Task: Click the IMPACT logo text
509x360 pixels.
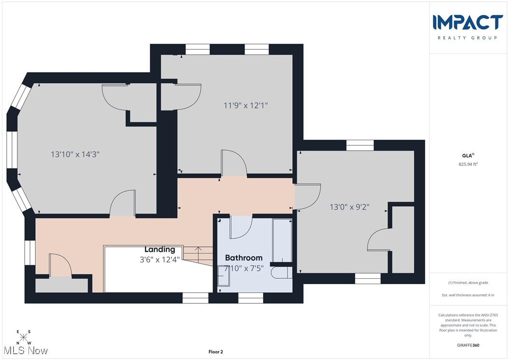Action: pyautogui.click(x=468, y=22)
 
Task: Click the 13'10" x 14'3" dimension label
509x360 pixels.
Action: pyautogui.click(x=78, y=154)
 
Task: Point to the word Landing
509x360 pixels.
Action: pyautogui.click(x=160, y=249)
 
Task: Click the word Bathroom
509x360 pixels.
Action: pyautogui.click(x=244, y=258)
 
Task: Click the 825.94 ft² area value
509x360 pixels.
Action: pyautogui.click(x=468, y=164)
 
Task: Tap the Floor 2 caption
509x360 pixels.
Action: pyautogui.click(x=215, y=352)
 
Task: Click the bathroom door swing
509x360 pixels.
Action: pyautogui.click(x=241, y=228)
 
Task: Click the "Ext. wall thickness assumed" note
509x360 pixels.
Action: pyautogui.click(x=468, y=295)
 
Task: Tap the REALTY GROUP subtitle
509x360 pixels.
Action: pyautogui.click(x=468, y=38)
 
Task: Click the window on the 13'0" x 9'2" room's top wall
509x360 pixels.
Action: pyautogui.click(x=360, y=145)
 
